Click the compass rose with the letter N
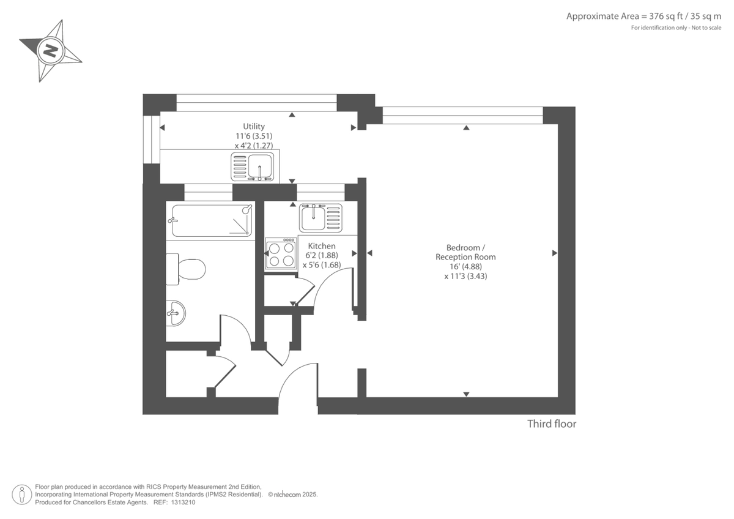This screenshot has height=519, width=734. tap(50, 50)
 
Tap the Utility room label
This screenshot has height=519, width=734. tap(254, 127)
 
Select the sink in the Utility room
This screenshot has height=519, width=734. tap(254, 166)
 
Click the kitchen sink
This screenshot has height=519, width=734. tap(320, 217)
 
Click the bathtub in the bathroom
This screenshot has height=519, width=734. tap(212, 220)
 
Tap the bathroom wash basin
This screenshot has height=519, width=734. tap(175, 313)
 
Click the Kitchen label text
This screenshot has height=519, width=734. tap(321, 246)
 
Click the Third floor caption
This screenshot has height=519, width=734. tap(552, 424)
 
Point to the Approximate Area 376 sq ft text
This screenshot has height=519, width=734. tap(643, 17)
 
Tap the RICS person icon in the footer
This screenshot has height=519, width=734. tap(22, 494)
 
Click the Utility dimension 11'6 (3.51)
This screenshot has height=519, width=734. tap(254, 136)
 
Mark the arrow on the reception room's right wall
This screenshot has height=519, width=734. tap(554, 253)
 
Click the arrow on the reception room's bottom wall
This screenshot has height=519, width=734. tap(466, 394)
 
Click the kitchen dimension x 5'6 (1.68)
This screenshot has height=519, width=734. tap(321, 266)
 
